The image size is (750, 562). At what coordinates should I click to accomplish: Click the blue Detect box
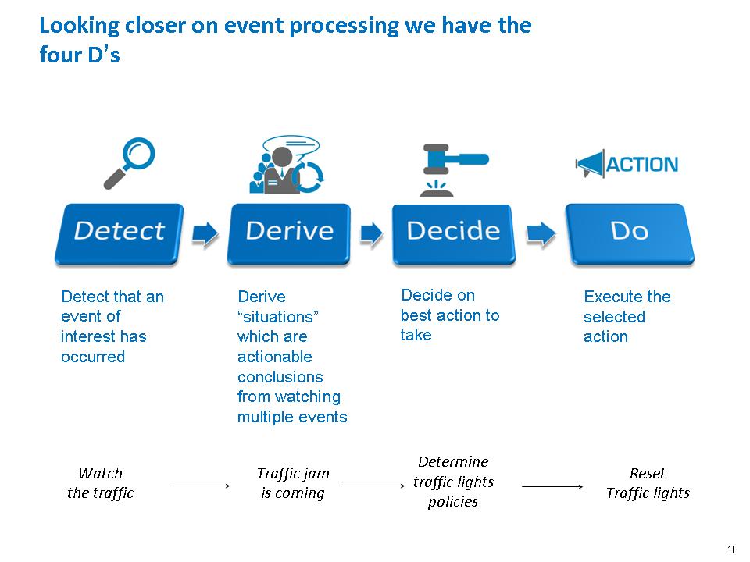(119, 232)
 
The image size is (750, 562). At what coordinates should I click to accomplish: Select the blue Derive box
(288, 232)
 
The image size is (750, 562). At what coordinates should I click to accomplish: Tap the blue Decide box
(453, 232)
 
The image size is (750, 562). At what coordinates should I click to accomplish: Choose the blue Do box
(629, 232)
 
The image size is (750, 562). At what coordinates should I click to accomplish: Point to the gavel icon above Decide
(453, 168)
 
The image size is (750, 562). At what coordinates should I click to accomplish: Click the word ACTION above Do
(641, 165)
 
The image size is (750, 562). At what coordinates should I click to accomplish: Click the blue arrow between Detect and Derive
(205, 233)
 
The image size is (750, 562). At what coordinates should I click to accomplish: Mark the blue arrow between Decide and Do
(541, 233)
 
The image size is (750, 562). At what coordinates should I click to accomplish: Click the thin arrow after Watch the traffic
(199, 486)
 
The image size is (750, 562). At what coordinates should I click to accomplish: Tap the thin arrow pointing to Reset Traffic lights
(552, 486)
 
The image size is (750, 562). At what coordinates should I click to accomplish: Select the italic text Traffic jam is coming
(293, 483)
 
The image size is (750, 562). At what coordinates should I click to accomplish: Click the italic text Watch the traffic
(100, 483)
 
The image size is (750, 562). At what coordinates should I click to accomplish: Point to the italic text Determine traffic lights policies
(453, 482)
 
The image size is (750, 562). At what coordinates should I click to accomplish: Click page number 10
(732, 548)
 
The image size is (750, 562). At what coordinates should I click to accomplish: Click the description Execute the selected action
(627, 317)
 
